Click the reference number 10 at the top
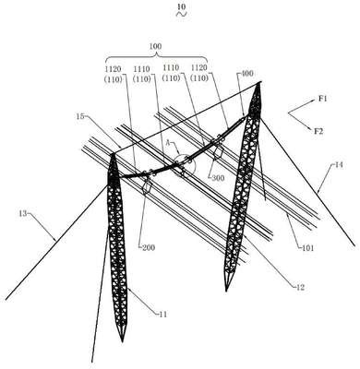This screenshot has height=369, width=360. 182,6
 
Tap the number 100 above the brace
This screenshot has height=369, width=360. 155,46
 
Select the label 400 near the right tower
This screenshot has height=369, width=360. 247,74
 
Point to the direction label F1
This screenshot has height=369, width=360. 323,99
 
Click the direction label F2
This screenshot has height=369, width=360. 318,131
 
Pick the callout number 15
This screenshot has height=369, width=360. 80,116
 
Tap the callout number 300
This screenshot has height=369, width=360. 218,178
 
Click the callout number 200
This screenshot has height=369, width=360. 149,247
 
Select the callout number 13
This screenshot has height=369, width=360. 23,213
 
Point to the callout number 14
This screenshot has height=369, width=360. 338,165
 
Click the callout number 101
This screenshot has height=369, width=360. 307,247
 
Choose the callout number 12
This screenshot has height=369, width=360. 300,288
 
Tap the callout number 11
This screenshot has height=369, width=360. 162,315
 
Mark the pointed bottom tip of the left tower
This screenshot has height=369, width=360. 122,341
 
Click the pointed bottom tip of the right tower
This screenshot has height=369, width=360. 226,291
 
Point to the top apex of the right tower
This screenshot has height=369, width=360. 258,83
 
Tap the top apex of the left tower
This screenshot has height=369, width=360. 113,154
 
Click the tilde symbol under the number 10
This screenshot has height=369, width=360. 182,14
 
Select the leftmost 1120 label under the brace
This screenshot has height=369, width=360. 113,68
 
